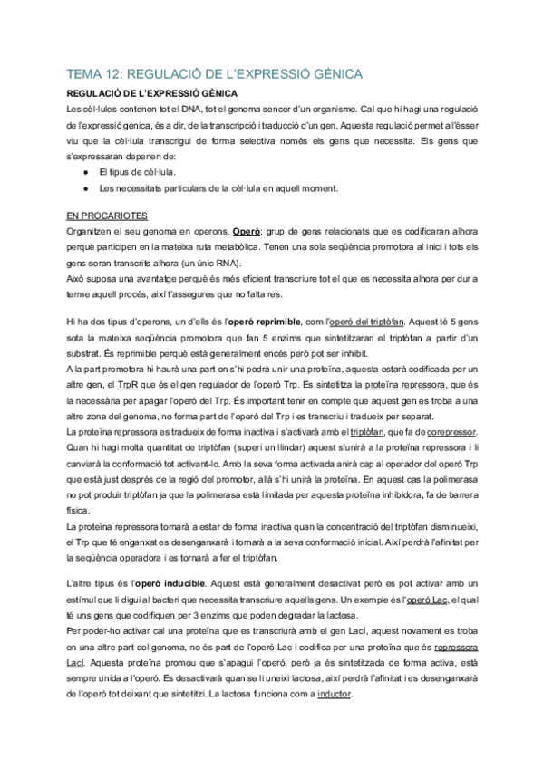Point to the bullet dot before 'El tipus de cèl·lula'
tap(84, 171)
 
